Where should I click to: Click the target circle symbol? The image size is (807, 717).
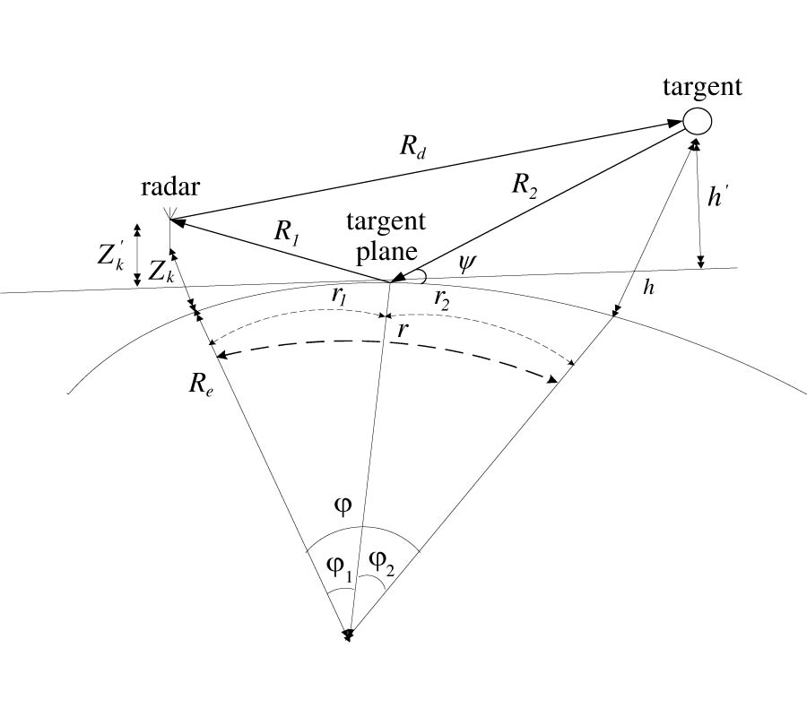[698, 119]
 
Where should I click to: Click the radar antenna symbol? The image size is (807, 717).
[169, 215]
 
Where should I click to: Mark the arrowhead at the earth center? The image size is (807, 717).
[348, 635]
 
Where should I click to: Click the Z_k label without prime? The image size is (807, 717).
[161, 273]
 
